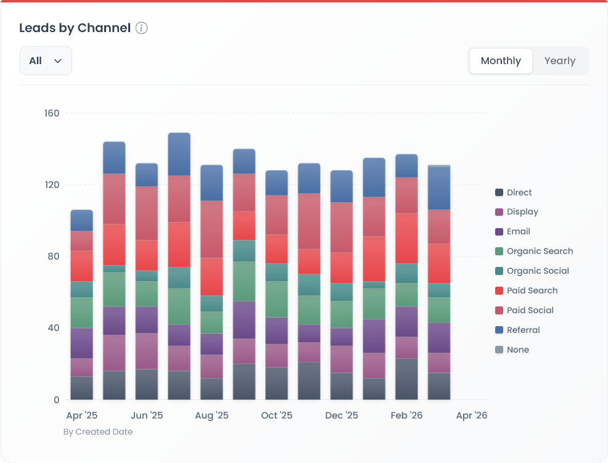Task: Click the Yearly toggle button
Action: (559, 61)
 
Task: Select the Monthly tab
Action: (501, 61)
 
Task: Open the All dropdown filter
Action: (46, 61)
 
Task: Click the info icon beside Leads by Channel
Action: (142, 28)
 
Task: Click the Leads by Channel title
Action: (75, 28)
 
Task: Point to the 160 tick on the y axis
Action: (52, 113)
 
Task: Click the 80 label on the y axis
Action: (53, 256)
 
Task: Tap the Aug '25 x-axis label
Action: (212, 416)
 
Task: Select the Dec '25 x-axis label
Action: (342, 416)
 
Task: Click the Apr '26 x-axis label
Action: (472, 416)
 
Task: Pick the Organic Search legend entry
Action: (540, 251)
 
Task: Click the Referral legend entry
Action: (523, 330)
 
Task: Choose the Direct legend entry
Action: (519, 192)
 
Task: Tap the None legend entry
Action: (517, 350)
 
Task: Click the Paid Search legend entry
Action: (532, 290)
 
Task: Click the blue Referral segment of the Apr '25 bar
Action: (81, 220)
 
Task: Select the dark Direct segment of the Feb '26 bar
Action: (406, 379)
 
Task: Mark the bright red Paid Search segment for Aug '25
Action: (212, 276)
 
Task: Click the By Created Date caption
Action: (98, 432)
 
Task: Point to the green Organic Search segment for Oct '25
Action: (276, 299)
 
